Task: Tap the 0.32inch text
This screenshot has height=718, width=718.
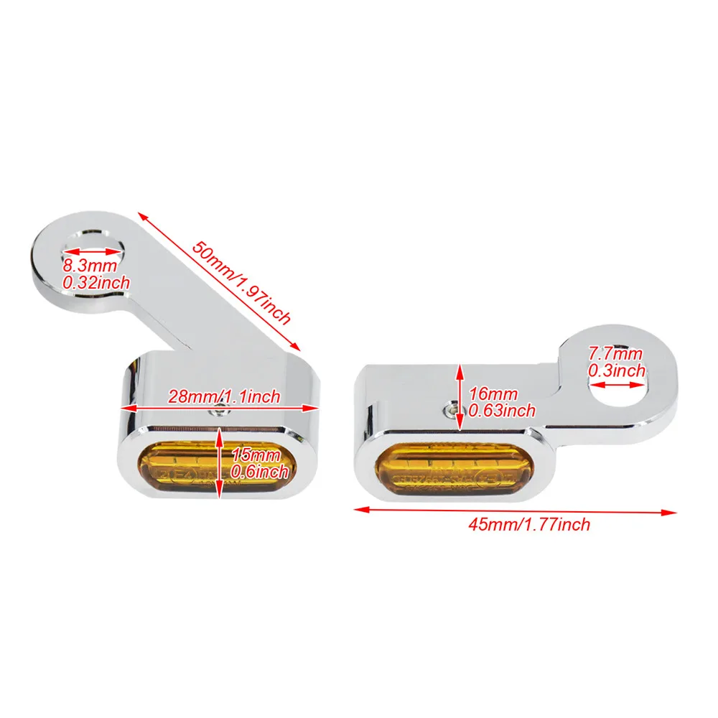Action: click(96, 283)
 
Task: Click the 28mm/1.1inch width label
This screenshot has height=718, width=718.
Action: click(223, 396)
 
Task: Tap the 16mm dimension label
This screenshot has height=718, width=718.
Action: click(493, 393)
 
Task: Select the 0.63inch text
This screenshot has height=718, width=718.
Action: click(502, 411)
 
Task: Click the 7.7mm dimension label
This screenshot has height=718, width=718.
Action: click(615, 353)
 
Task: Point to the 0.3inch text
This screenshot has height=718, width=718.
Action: click(617, 370)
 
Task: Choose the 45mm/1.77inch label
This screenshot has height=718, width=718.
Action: click(529, 524)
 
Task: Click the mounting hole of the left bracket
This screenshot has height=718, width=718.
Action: click(90, 246)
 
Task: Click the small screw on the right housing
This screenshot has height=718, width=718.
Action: click(451, 407)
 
